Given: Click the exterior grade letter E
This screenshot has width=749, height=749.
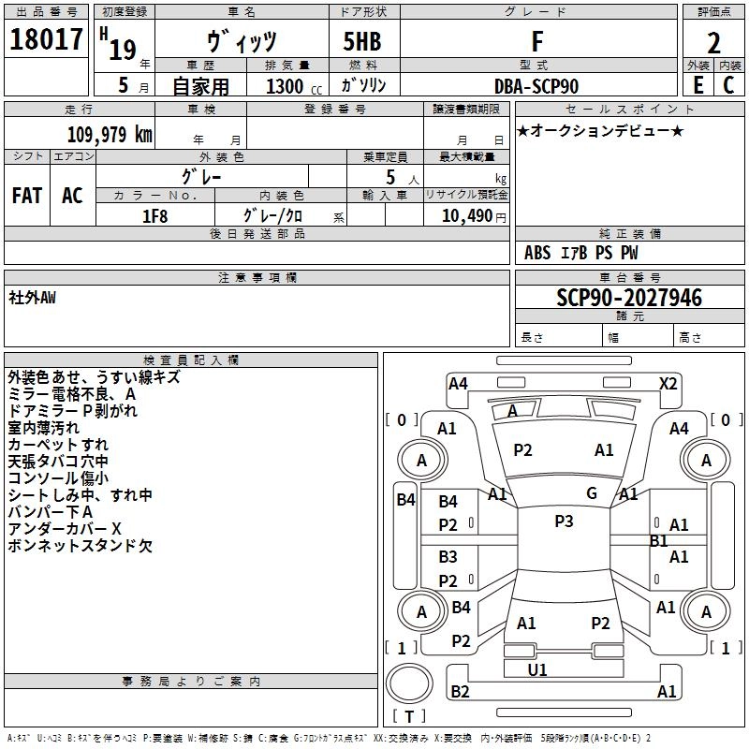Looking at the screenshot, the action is point(698,85).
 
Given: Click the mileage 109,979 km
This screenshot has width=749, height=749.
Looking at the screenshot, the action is point(109,134).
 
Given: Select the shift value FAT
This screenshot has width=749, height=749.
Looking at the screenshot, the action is point(27,196).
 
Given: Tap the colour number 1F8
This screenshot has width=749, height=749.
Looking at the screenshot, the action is point(154,216).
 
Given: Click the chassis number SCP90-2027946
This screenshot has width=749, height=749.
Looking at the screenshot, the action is point(628,298).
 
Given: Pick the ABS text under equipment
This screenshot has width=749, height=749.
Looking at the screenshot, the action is point(537,253).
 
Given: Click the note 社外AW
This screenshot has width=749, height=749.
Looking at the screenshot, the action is point(32,298).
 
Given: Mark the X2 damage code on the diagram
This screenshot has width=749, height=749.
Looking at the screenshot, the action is point(668,383).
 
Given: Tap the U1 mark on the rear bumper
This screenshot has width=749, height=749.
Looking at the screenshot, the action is point(537,669).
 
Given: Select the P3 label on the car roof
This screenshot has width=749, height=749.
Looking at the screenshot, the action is point(563,521).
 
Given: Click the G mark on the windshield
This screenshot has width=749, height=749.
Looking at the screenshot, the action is point(592,493).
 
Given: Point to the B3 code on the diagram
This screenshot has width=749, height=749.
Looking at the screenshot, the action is point(448,557).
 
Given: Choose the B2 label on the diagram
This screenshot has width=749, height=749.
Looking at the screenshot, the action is point(460,692).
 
